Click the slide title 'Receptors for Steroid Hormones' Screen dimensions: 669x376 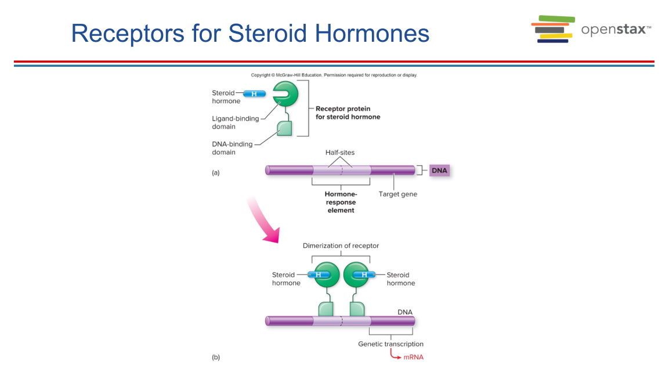(x=250, y=33)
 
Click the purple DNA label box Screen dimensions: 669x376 (x=439, y=170)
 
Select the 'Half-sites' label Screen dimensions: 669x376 (x=340, y=153)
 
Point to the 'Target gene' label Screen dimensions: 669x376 (x=398, y=194)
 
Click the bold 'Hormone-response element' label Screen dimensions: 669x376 (x=341, y=202)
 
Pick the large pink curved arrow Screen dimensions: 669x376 (x=263, y=220)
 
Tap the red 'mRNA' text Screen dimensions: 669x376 (x=414, y=357)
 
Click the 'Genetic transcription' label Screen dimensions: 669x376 (x=391, y=344)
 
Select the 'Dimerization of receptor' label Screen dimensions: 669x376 (x=341, y=245)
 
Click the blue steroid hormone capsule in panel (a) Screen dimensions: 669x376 (x=254, y=94)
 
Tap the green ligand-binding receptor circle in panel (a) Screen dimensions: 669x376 (x=285, y=94)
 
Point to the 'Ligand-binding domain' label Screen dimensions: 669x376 (x=236, y=122)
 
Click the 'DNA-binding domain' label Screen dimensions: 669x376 (x=232, y=147)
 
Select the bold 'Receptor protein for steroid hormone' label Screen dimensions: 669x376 (x=348, y=113)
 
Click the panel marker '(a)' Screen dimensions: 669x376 (x=216, y=172)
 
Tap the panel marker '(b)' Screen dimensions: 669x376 (x=216, y=357)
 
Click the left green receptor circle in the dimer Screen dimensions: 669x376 (x=327, y=274)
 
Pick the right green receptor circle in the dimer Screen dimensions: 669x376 (x=356, y=274)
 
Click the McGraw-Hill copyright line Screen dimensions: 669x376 (x=334, y=75)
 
